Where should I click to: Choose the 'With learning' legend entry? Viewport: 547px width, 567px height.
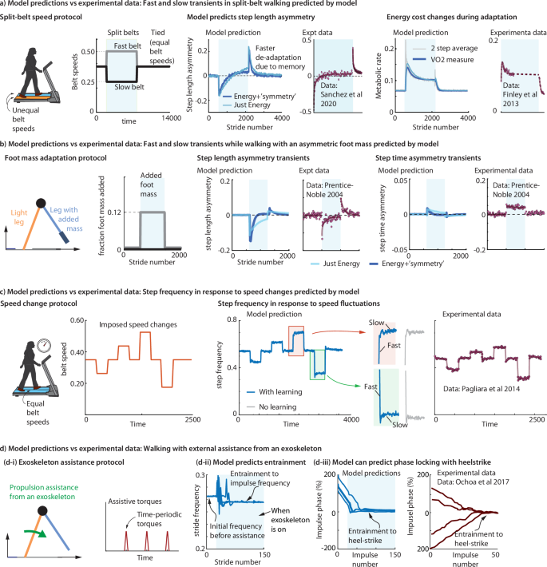tap(264, 393)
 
